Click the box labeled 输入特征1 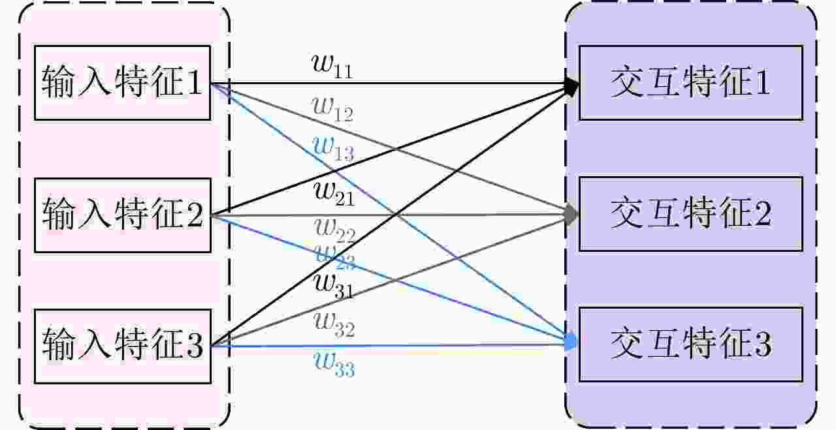tap(122, 83)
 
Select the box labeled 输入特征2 tap(122, 215)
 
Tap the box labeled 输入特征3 tap(122, 346)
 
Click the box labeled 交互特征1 tap(690, 83)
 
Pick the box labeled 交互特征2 tap(690, 214)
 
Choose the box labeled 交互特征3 tap(690, 345)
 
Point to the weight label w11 tap(332, 67)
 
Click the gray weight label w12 tap(332, 110)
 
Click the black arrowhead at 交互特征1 tap(573, 85)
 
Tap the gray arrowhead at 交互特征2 tap(572, 214)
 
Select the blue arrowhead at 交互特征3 tap(572, 341)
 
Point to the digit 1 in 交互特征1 tap(762, 83)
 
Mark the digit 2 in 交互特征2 tap(763, 214)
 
